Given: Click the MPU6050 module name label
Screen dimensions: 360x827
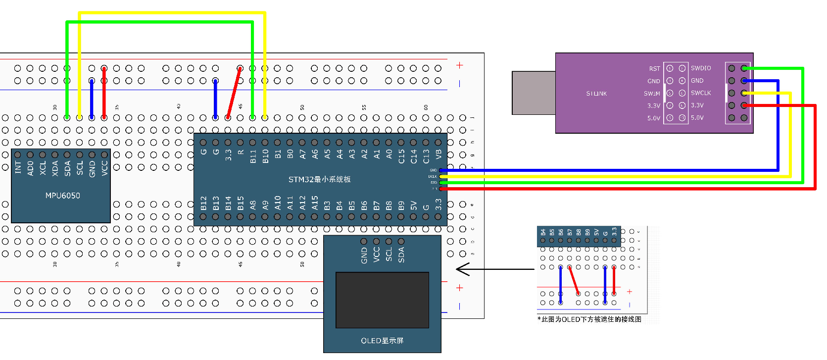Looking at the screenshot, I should pos(62,196).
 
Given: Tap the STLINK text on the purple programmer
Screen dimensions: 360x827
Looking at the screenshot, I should pos(596,94).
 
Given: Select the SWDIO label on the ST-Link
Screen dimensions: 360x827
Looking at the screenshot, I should pos(701,68).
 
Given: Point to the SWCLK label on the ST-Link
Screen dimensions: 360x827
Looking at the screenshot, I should pos(701,93).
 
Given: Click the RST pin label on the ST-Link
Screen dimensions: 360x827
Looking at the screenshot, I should pos(654,69).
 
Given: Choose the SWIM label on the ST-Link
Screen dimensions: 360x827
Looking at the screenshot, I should pos(652,94).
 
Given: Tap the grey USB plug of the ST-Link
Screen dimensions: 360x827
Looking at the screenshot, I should pos(534,93).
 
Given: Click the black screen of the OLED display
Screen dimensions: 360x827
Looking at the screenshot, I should pos(382,300).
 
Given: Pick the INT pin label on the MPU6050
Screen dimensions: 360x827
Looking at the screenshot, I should pos(18,167).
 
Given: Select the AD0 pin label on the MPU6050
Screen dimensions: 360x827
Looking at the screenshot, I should pos(31,167).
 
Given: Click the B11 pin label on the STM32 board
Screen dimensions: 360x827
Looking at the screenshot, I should pos(253,156).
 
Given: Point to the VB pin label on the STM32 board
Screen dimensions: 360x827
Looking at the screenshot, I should pos(438,155).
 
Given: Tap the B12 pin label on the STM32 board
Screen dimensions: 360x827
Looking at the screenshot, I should pos(203,203).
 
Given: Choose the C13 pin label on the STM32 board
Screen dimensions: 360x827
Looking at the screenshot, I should pos(426,156).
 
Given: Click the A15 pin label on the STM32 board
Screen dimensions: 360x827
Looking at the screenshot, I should pos(315,203).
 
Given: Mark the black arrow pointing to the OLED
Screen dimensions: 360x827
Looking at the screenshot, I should pos(495,269).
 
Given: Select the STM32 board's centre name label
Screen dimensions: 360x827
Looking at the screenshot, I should pos(319,179).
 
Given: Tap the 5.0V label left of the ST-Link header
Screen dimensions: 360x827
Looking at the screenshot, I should pos(653,118).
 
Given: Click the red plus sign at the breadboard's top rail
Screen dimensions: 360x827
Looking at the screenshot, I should pos(459,65).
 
